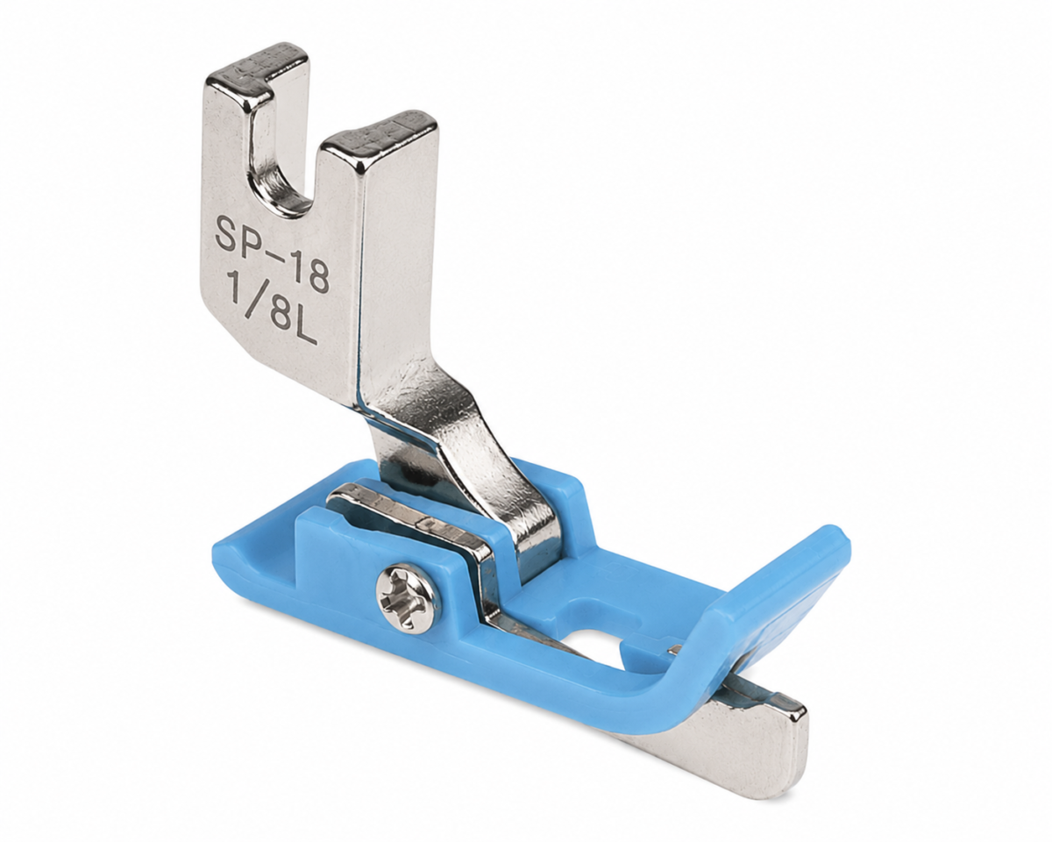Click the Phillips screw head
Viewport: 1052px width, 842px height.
point(407,603)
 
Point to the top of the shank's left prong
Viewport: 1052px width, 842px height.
point(258,65)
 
